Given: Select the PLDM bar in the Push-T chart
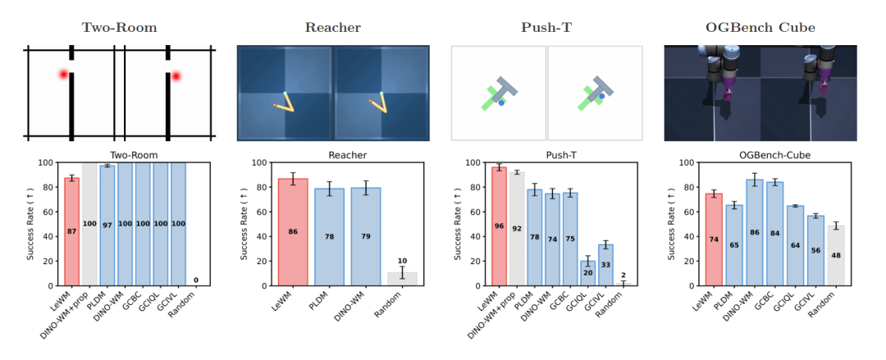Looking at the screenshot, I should pyautogui.click(x=534, y=237).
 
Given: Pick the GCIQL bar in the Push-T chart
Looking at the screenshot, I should pyautogui.click(x=588, y=273).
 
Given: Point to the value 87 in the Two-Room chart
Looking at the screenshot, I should pyautogui.click(x=71, y=232).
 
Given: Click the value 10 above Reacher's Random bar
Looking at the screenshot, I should pyautogui.click(x=402, y=261).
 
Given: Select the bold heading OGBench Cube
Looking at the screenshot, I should pyautogui.click(x=761, y=27).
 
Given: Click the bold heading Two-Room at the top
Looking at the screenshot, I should pyautogui.click(x=119, y=27).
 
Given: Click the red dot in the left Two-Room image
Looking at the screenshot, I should pyautogui.click(x=63, y=75).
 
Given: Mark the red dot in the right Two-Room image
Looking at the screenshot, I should pyautogui.click(x=176, y=76).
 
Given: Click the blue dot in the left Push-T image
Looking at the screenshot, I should pyautogui.click(x=501, y=103).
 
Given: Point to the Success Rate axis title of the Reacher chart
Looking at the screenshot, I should pyautogui.click(x=244, y=224).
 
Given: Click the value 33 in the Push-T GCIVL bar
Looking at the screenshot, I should pyautogui.click(x=606, y=265).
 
